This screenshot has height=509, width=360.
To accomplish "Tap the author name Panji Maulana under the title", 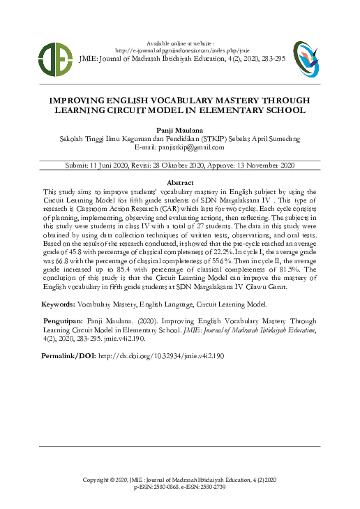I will tap(180, 131).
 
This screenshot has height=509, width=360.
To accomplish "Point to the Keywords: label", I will tap(59, 304).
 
